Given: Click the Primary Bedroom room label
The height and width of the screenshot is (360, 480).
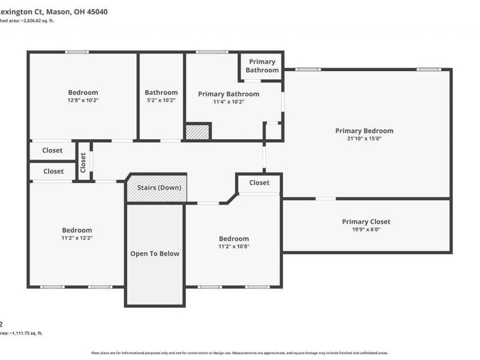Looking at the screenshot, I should click(x=364, y=131).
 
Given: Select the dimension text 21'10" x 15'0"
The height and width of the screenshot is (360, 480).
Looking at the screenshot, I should click(x=364, y=139).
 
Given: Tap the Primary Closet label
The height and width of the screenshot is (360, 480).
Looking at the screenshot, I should click(x=366, y=221).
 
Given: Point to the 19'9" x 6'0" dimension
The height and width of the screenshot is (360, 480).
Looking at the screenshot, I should click(x=366, y=229).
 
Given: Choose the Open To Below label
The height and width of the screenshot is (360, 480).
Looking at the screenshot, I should click(x=155, y=254).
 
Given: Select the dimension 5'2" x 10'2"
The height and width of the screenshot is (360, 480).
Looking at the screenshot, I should click(x=161, y=101).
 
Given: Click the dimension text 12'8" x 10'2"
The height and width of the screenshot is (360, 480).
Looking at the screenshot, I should click(x=83, y=101).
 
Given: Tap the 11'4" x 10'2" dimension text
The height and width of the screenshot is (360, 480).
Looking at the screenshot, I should click(x=229, y=102).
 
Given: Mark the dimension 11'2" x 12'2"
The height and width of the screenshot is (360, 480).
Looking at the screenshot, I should click(x=77, y=238).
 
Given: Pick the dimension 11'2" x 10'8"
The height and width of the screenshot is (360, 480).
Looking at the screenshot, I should click(x=233, y=247).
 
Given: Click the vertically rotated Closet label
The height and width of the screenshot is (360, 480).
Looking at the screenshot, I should click(x=83, y=161).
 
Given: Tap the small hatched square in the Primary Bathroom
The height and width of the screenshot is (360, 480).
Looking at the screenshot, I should click(x=197, y=131).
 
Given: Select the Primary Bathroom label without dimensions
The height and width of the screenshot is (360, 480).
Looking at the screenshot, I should click(x=262, y=66).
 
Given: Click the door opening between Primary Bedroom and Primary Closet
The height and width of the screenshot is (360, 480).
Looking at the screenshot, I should click(x=326, y=199).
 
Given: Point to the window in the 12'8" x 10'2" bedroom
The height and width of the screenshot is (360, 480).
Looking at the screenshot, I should click(x=77, y=52).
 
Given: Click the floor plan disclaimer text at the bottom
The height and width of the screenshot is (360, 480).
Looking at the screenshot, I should click(x=239, y=353).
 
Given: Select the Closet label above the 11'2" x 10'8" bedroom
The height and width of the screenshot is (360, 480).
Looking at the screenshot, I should click(x=259, y=182).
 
